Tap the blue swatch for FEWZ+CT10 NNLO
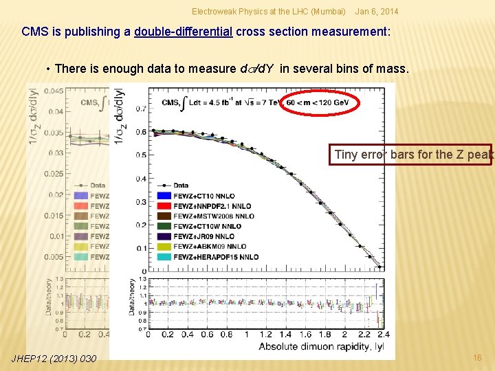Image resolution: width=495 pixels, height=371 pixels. tap(164, 196)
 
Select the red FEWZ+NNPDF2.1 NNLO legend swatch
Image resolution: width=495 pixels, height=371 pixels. tap(164, 206)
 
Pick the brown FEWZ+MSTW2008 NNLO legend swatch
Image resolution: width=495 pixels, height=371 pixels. tap(164, 216)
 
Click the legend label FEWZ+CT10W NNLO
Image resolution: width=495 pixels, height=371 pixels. tap(207, 226)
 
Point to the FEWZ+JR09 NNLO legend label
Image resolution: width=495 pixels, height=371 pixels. tap(204, 236)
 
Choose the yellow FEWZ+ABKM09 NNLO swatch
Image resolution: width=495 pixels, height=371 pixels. tap(164, 247)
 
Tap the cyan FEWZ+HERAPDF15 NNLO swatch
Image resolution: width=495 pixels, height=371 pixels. tap(164, 257)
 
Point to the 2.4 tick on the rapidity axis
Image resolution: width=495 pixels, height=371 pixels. tap(383, 335)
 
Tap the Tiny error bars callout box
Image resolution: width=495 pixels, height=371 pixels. tap(412, 155)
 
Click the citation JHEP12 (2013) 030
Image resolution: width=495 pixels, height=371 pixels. tap(54, 358)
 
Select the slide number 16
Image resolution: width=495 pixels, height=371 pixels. tap(478, 358)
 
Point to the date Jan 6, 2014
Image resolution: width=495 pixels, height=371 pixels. tap(377, 12)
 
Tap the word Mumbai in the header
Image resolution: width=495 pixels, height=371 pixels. tap(329, 12)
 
